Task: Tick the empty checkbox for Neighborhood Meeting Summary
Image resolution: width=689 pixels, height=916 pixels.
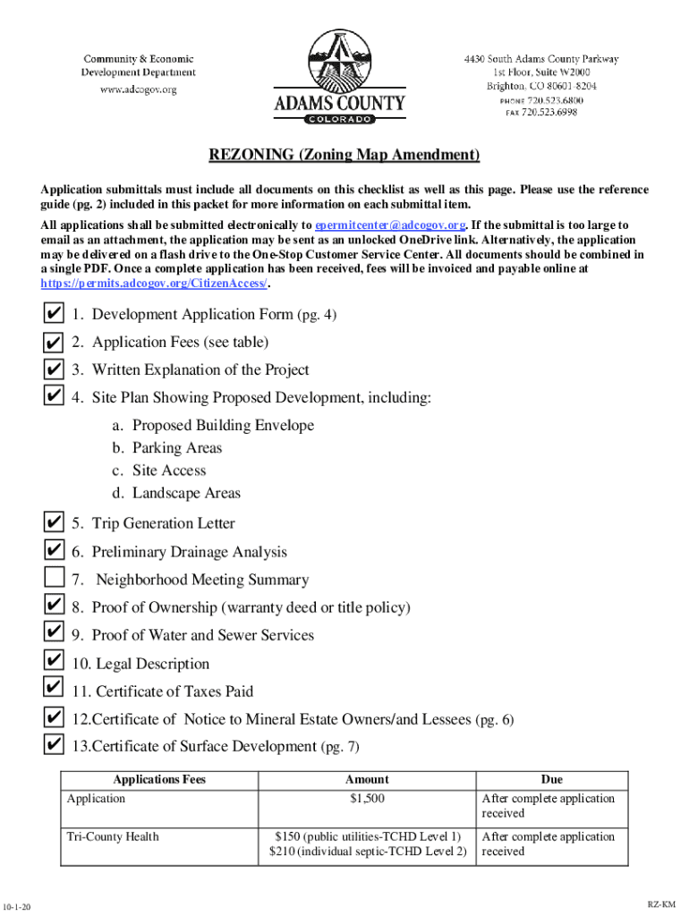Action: (54, 580)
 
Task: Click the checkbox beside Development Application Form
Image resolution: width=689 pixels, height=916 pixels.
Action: (54, 315)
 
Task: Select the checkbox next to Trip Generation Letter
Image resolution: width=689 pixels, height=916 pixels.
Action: (54, 523)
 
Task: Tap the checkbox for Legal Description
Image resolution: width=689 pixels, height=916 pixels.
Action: (54, 663)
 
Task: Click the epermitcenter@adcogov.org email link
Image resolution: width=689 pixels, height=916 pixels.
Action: (390, 225)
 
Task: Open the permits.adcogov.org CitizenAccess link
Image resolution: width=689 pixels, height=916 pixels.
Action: (154, 283)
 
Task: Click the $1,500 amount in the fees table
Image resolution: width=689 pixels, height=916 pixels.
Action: (367, 799)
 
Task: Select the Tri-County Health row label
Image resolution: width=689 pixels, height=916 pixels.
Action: (113, 836)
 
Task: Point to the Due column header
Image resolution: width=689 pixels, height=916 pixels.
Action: (551, 779)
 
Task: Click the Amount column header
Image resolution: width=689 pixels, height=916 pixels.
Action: (367, 779)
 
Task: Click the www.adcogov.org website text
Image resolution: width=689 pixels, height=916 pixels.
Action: (139, 89)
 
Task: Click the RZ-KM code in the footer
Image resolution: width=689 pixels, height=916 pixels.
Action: (661, 905)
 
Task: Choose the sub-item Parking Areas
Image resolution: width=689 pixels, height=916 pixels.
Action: (177, 448)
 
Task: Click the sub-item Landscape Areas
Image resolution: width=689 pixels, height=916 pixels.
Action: (186, 493)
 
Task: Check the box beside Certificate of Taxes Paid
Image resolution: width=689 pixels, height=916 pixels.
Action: (54, 691)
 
